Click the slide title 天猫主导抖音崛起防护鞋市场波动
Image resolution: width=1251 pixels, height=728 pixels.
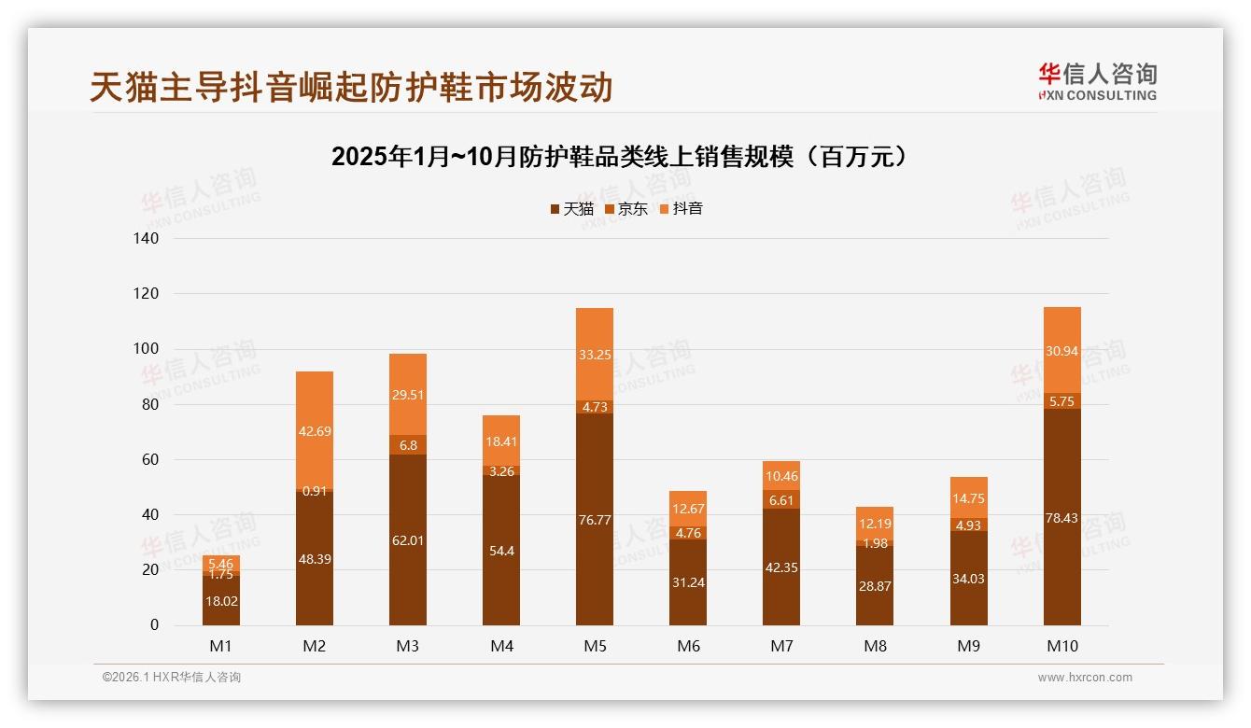point(351,87)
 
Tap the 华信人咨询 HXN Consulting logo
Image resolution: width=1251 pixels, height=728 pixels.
point(1097,82)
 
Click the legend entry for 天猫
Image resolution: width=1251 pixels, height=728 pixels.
point(570,208)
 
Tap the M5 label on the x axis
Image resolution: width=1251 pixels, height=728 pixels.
point(595,646)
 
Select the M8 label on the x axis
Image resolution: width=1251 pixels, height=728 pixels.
point(875,646)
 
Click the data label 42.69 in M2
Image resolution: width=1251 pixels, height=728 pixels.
point(315,431)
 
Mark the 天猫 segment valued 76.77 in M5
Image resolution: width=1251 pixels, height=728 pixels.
point(595,520)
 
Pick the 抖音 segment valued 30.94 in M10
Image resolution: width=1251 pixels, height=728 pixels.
point(1062,351)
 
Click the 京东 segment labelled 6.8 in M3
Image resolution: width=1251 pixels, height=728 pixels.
point(408,445)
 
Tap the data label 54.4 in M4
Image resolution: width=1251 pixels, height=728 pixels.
point(501,551)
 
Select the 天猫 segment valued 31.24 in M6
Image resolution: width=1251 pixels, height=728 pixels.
point(688,582)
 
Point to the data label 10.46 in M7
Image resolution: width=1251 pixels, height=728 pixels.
point(781,477)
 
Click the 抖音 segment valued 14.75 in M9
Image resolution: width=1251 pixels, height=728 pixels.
point(969,498)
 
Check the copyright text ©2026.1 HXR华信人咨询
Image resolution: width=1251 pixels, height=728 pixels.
point(172,677)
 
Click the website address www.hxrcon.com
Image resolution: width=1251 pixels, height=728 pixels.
point(1085,678)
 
